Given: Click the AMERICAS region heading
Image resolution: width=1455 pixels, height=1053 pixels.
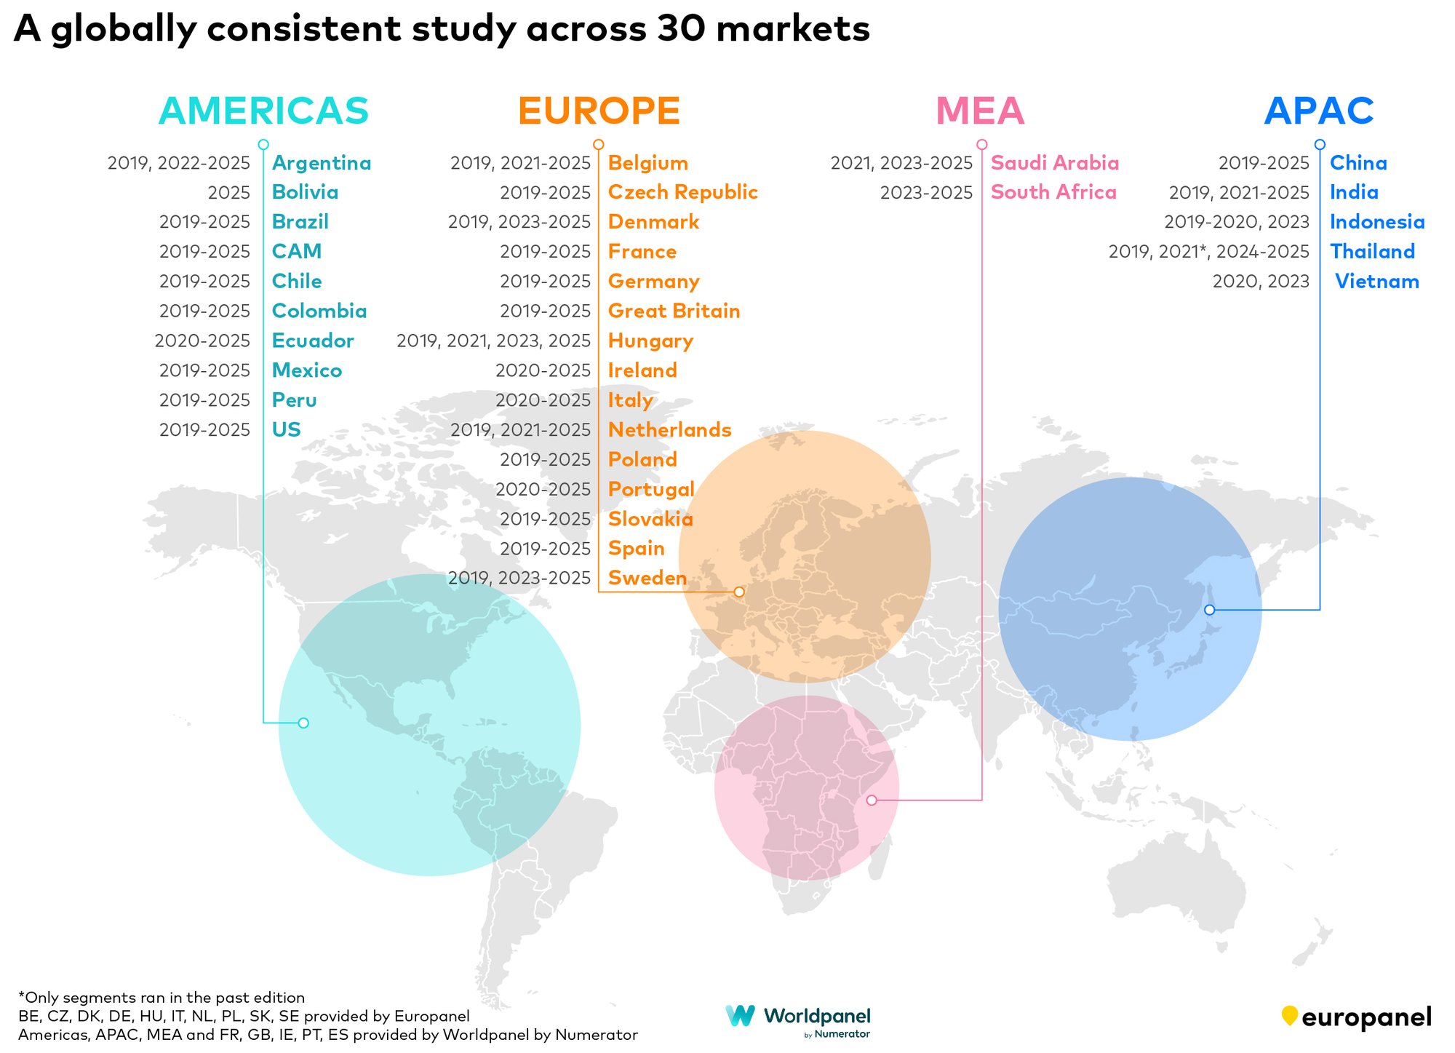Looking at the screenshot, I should (x=263, y=111).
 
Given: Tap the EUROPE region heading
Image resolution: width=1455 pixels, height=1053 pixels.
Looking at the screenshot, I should (x=599, y=111).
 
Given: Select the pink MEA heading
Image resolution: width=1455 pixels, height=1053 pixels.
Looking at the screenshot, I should (x=980, y=111).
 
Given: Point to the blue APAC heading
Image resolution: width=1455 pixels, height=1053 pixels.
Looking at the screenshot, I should (x=1319, y=111).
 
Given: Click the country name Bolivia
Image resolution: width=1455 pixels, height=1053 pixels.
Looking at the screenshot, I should (x=305, y=192).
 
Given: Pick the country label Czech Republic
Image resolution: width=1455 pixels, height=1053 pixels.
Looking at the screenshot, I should (x=682, y=192).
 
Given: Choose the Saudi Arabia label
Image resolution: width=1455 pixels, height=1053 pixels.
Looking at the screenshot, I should (x=1055, y=163).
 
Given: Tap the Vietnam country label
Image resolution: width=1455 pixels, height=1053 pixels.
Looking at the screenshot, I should (x=1376, y=282).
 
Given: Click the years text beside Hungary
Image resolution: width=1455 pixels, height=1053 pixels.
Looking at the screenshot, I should (x=493, y=341).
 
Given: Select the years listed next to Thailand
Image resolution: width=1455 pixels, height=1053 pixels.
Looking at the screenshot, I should (x=1208, y=252).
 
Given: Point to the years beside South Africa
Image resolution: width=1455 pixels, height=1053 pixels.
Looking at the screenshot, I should (x=926, y=193).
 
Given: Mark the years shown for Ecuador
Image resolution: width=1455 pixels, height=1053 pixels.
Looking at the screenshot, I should (x=202, y=341).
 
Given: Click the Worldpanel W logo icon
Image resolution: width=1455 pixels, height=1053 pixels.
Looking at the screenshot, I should (x=741, y=1016).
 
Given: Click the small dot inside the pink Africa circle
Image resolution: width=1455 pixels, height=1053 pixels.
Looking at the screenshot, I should (x=872, y=800).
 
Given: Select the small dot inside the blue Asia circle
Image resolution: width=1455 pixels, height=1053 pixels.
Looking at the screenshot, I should (x=1209, y=610).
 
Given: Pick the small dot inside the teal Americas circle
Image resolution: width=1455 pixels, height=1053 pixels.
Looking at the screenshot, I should (x=303, y=723).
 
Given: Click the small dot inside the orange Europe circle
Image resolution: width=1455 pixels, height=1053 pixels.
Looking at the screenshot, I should (x=739, y=592).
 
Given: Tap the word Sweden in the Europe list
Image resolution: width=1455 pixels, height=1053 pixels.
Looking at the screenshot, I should (x=647, y=579).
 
